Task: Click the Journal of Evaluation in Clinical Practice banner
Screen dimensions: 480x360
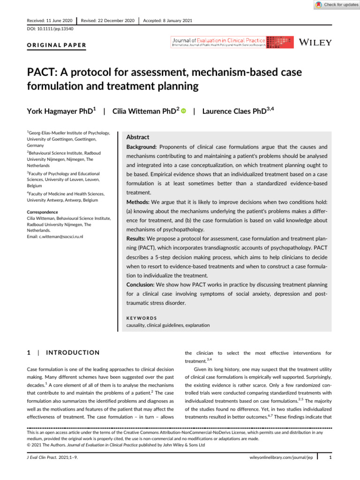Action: [232, 43]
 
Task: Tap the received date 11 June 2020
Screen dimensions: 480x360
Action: [59, 21]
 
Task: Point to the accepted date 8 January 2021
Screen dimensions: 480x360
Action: [175, 21]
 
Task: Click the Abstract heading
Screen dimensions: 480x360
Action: [138, 137]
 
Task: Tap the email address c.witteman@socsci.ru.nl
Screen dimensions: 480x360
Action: [55, 237]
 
